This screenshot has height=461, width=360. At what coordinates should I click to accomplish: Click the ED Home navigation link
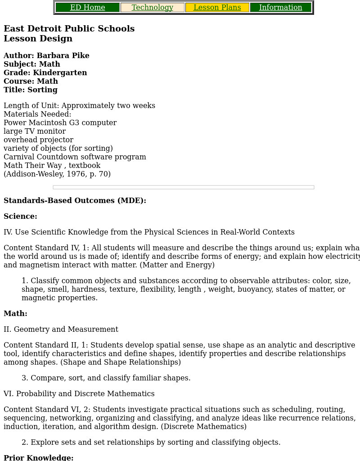click(88, 8)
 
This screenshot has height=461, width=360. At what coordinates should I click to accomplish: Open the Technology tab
click(153, 8)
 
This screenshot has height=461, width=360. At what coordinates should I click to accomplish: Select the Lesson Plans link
click(217, 8)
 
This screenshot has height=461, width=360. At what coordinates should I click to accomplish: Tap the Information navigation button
click(281, 8)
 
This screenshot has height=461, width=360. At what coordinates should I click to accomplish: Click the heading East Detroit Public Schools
click(69, 29)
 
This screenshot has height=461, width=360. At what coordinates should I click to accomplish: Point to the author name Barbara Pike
click(63, 56)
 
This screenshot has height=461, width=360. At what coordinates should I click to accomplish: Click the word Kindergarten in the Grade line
click(60, 73)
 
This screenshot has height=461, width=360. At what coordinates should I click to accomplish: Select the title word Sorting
click(42, 90)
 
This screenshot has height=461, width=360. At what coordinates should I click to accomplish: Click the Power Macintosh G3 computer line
click(60, 123)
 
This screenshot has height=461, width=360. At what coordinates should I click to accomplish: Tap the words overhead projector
click(38, 140)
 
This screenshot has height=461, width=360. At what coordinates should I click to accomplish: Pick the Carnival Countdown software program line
click(75, 157)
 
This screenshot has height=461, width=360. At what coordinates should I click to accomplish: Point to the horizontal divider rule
click(183, 187)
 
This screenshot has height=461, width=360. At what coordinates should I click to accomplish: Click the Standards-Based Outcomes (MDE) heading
click(75, 201)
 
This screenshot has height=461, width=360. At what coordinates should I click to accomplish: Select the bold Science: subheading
click(20, 217)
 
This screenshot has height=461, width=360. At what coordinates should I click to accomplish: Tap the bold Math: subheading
click(15, 314)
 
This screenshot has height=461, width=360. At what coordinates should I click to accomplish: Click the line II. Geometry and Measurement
click(61, 330)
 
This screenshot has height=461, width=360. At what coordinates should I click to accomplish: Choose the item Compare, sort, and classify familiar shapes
click(110, 378)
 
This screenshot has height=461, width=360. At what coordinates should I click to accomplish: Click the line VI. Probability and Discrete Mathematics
click(79, 394)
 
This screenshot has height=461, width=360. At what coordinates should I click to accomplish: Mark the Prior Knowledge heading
click(38, 457)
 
